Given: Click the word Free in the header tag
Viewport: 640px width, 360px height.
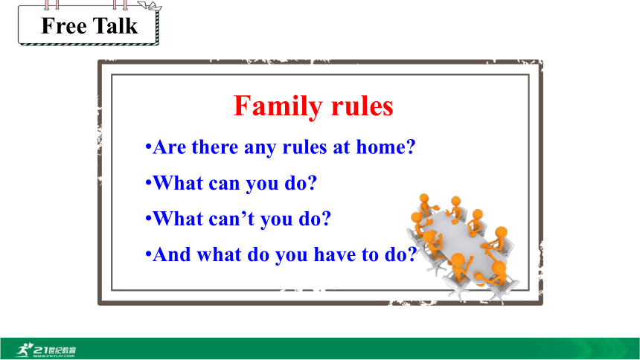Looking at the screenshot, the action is pyautogui.click(x=64, y=26).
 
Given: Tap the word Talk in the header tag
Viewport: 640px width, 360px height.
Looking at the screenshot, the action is pyautogui.click(x=116, y=26).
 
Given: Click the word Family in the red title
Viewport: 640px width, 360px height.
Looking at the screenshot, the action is pyautogui.click(x=278, y=107).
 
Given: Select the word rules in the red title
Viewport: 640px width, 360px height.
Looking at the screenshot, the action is pyautogui.click(x=362, y=106).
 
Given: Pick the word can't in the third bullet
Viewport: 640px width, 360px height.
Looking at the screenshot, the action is pyautogui.click(x=231, y=219).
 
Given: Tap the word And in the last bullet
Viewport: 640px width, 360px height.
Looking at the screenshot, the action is pyautogui.click(x=171, y=254).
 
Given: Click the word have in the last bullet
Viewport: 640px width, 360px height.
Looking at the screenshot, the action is pyautogui.click(x=334, y=254).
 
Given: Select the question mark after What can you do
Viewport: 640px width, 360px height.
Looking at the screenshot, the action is pyautogui.click(x=313, y=182).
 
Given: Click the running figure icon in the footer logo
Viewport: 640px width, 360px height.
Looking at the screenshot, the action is pyautogui.click(x=25, y=350).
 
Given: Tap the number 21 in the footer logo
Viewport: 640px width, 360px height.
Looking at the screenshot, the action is pyautogui.click(x=41, y=350).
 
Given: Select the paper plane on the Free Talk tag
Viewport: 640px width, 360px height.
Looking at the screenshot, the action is pyautogui.click(x=150, y=6).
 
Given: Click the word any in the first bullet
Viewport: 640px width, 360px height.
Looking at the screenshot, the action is pyautogui.click(x=260, y=148).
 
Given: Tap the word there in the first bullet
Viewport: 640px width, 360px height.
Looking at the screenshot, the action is pyautogui.click(x=214, y=147).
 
